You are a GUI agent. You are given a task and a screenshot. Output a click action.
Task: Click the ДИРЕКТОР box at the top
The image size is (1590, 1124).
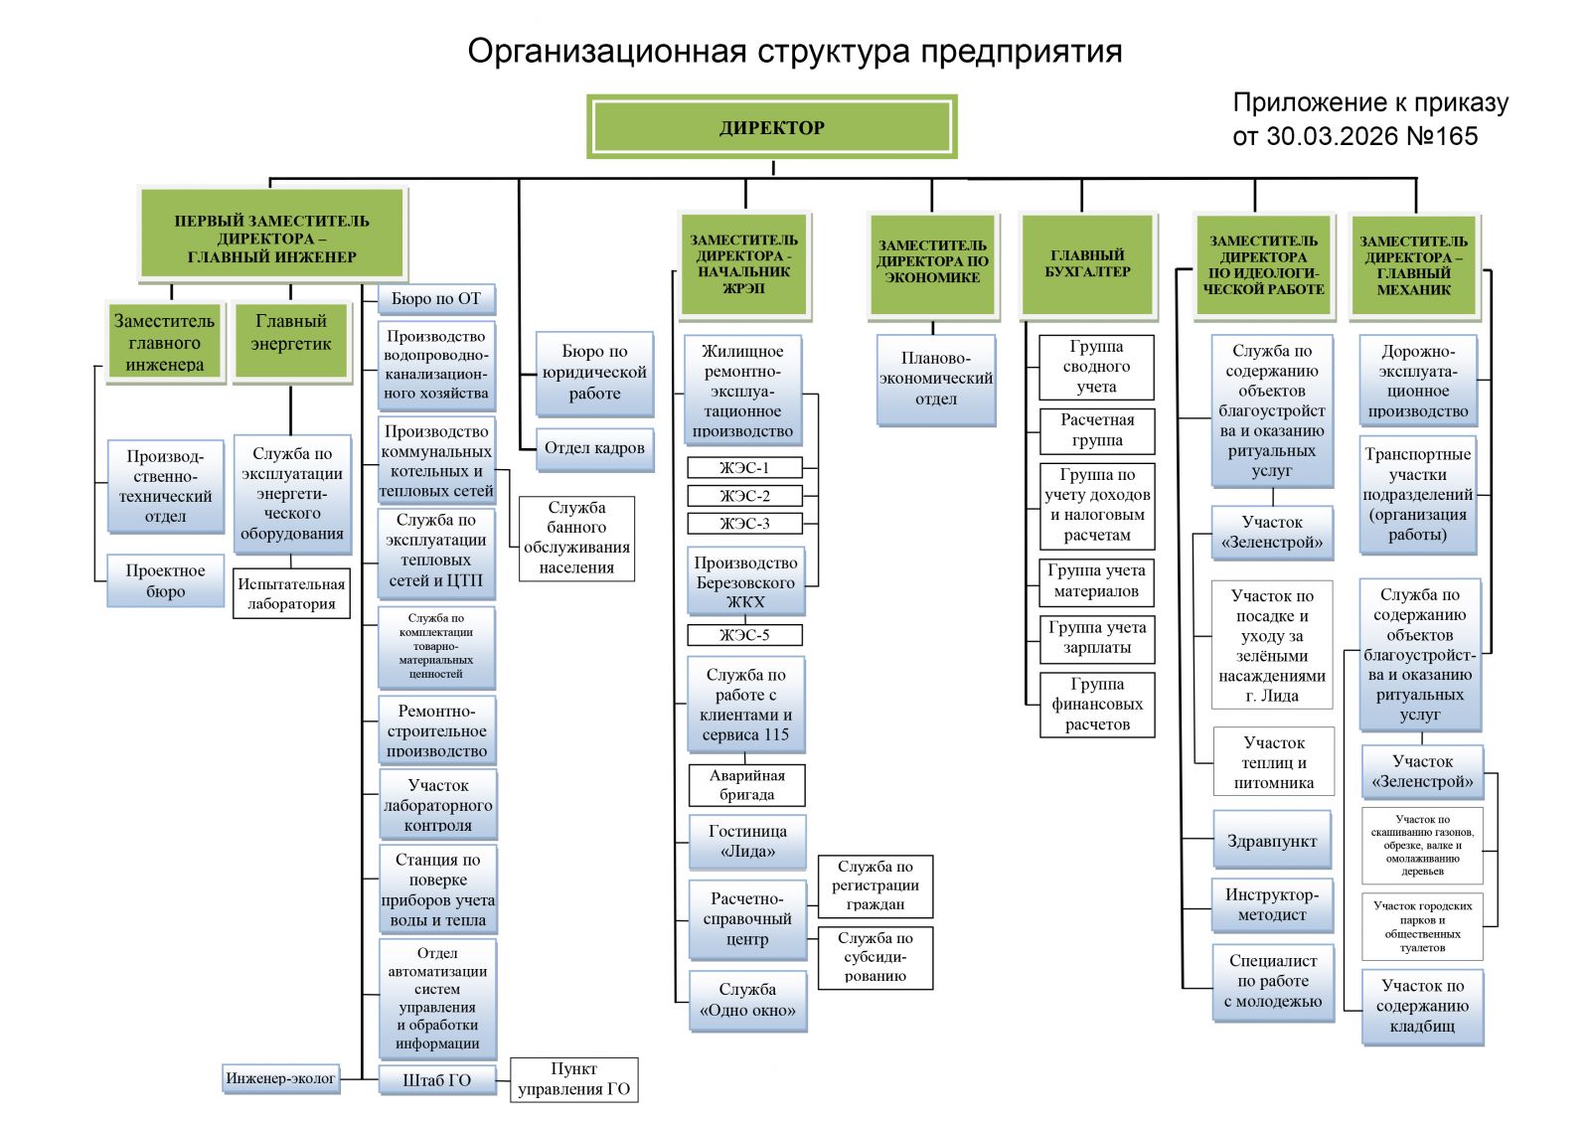tap(771, 127)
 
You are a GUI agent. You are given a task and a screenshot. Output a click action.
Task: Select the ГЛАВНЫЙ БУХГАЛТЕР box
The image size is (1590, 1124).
tap(1087, 263)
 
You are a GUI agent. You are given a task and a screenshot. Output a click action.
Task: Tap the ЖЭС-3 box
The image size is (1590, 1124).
tap(744, 524)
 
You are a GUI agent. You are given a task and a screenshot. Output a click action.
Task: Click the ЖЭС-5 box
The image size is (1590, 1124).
tap(744, 635)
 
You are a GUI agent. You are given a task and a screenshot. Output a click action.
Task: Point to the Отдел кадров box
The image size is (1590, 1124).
tap(594, 448)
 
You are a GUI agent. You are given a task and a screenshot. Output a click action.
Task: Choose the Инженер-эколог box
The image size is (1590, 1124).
tap(280, 1078)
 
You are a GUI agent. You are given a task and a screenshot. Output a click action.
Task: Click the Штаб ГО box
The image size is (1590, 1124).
tap(436, 1080)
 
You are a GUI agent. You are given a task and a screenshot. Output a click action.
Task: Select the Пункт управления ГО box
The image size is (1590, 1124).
tap(573, 1079)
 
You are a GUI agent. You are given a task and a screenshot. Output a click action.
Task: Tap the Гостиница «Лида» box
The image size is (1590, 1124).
tap(747, 841)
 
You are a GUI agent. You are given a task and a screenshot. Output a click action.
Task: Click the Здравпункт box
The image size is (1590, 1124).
tap(1271, 841)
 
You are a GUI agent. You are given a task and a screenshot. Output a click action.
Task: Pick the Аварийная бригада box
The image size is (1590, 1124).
tap(746, 785)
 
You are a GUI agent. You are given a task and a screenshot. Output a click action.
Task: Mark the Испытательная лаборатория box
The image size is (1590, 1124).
tap(291, 593)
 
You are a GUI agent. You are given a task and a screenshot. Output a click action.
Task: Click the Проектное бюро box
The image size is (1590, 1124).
tap(165, 581)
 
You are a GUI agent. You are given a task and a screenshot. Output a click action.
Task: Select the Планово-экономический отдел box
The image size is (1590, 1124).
tap(935, 379)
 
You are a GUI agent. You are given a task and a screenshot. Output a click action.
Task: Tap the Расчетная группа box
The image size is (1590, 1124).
tap(1097, 430)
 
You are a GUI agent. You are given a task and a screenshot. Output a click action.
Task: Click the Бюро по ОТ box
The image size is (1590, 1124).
tap(435, 298)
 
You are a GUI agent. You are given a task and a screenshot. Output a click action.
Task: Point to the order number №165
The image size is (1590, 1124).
tap(1442, 136)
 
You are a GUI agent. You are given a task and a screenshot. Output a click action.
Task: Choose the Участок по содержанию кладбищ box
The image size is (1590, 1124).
tap(1422, 1006)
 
